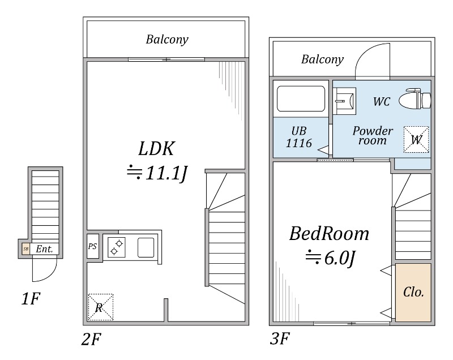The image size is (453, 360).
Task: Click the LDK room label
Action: pyautogui.click(x=156, y=149)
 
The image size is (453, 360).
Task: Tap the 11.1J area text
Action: pyautogui.click(x=156, y=173)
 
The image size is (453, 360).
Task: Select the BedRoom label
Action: pyautogui.click(x=329, y=233)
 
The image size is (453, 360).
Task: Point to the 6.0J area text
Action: pyautogui.click(x=331, y=258)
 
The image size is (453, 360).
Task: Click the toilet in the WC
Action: pyautogui.click(x=415, y=100)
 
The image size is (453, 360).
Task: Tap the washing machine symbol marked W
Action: pyautogui.click(x=416, y=139)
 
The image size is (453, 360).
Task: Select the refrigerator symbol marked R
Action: pyautogui.click(x=100, y=307)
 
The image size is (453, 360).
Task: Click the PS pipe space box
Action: pyautogui.click(x=92, y=247)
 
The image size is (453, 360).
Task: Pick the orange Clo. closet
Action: pyautogui.click(x=413, y=293)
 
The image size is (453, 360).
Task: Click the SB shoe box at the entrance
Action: pyautogui.click(x=25, y=248)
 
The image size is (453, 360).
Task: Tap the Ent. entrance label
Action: pyautogui.click(x=44, y=248)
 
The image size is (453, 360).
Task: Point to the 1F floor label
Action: pyautogui.click(x=31, y=299)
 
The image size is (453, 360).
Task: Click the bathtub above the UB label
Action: pyautogui.click(x=300, y=98)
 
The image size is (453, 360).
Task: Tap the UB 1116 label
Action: pyautogui.click(x=299, y=136)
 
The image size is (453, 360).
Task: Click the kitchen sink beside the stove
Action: pyautogui.click(x=146, y=247)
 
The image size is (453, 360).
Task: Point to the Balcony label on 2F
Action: pyautogui.click(x=166, y=40)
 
